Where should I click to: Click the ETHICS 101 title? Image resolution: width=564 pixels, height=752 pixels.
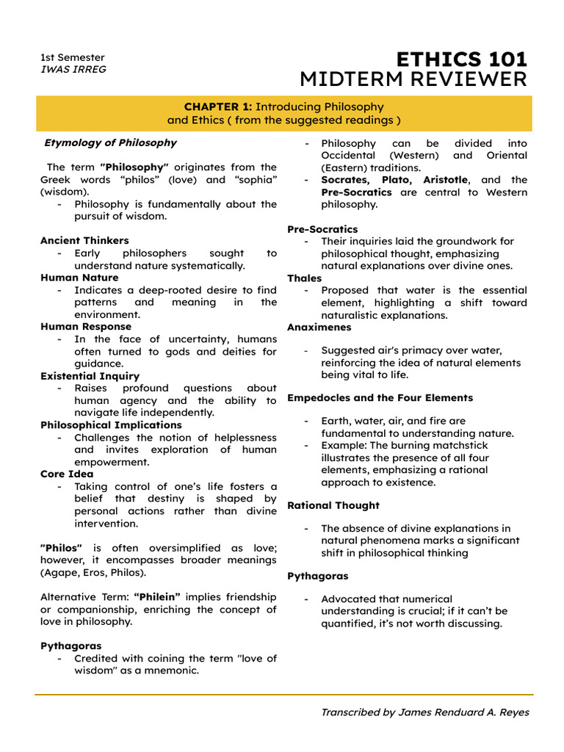click(x=461, y=59)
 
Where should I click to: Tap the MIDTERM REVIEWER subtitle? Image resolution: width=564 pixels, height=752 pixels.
click(x=413, y=79)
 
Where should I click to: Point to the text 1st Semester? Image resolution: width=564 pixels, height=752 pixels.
click(x=72, y=57)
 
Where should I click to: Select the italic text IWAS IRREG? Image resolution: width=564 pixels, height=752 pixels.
click(x=73, y=69)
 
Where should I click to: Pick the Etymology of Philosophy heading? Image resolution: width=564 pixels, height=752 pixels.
click(x=110, y=142)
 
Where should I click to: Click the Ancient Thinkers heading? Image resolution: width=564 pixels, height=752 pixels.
click(x=84, y=240)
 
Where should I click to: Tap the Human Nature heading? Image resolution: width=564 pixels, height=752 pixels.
click(x=79, y=278)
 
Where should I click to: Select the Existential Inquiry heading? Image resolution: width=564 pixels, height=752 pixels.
click(x=90, y=375)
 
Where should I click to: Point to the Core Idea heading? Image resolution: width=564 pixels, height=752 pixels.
click(x=67, y=474)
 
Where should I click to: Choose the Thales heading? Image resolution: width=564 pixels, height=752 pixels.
click(x=304, y=278)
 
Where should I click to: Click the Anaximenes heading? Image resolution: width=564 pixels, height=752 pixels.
click(x=319, y=327)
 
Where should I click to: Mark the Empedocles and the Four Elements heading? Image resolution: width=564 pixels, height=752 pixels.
click(x=380, y=397)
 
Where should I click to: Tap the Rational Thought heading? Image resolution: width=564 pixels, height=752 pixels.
click(x=333, y=505)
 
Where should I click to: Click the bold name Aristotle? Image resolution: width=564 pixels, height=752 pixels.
click(x=445, y=180)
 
